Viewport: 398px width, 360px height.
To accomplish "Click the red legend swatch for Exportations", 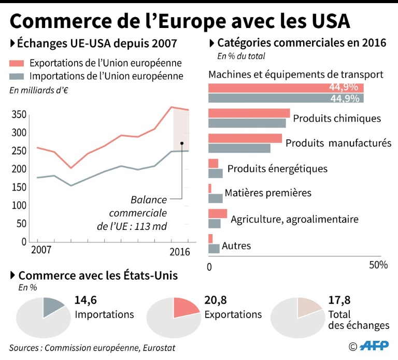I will tap(17, 64).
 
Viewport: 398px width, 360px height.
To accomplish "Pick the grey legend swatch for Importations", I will tap(17, 77).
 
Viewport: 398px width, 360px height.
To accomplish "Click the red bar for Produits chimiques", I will tap(249, 113).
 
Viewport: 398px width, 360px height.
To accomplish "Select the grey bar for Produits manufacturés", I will tap(239, 148).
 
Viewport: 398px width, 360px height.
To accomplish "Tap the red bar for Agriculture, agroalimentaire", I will tap(217, 213).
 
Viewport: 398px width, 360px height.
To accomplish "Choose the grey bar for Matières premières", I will tap(215, 198).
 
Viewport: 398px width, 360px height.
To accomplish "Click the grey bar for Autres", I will tap(214, 248).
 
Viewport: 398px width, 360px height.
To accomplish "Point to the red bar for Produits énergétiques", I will tap(213, 163).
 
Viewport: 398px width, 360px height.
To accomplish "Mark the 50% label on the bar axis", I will tap(378, 265).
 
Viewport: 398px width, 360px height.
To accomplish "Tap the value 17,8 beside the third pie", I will tap(339, 301).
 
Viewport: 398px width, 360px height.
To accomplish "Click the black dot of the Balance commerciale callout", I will tap(182, 143).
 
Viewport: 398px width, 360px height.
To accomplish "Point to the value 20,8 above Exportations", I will tap(215, 301).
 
